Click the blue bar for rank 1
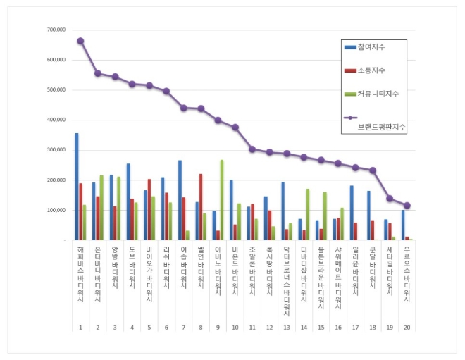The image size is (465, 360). [x=76, y=187]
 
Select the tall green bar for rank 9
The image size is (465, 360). [x=222, y=200]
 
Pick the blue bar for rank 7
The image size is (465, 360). [x=180, y=200]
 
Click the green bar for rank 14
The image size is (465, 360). [x=308, y=214]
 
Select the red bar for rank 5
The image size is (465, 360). [x=149, y=209]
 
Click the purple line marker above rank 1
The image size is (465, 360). [x=80, y=41]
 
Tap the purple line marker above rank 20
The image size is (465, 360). [x=407, y=206]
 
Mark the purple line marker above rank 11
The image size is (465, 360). [x=252, y=149]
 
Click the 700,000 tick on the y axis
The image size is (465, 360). [x=56, y=30]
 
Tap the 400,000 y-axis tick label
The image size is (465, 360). [x=56, y=120]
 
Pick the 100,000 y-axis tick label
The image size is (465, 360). [x=56, y=210]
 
